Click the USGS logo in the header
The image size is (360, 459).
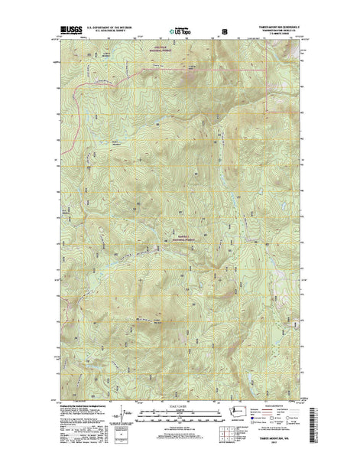tap(67, 31)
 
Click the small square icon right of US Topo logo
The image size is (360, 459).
tap(224, 32)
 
